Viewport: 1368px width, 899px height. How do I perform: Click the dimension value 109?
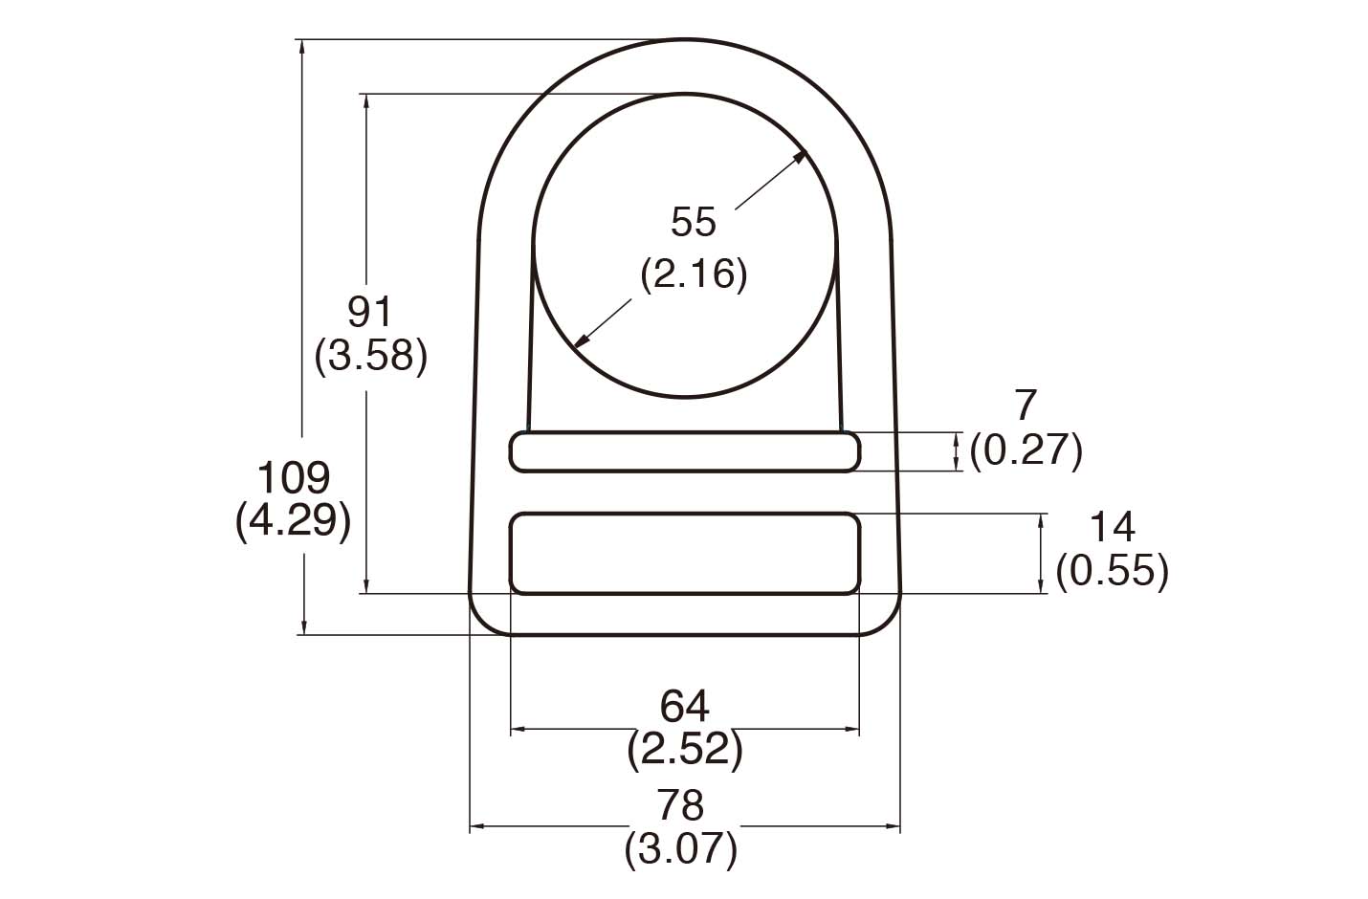[295, 476]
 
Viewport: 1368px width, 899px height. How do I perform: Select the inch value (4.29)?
[293, 521]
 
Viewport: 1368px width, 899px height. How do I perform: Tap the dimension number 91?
[369, 312]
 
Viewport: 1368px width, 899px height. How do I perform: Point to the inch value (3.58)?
[370, 356]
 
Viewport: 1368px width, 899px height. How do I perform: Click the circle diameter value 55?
[693, 222]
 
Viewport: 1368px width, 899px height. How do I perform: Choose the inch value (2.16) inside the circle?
[693, 274]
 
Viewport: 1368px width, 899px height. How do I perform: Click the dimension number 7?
[1025, 406]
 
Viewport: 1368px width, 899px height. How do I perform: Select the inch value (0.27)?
[1026, 449]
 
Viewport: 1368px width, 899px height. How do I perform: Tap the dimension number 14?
[1112, 527]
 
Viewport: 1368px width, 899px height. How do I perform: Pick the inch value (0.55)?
[1112, 571]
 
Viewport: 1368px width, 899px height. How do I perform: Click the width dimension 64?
[684, 707]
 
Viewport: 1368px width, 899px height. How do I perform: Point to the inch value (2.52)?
[684, 751]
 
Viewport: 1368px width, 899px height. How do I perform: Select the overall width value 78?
[681, 805]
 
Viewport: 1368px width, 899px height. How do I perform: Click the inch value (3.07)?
[681, 849]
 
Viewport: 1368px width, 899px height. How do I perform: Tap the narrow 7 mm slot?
[684, 451]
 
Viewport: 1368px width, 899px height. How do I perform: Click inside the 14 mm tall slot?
[684, 554]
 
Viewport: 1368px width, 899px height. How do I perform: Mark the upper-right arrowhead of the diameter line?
[802, 158]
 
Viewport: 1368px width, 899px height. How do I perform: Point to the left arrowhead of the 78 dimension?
[476, 825]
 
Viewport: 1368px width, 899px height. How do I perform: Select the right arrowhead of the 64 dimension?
[851, 730]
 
